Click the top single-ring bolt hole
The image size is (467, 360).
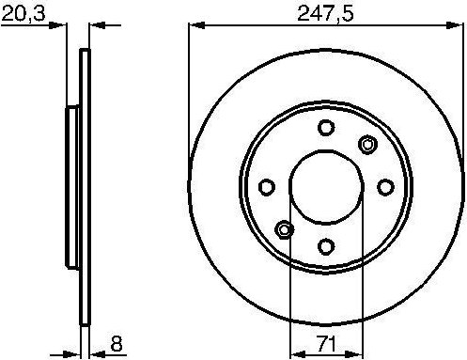coord(325,128)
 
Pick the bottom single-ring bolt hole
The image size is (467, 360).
coord(325,246)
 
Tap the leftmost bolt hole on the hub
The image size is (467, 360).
coord(266,186)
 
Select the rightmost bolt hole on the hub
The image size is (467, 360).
coord(384,186)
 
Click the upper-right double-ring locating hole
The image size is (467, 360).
coord(367,144)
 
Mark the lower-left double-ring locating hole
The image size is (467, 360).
coord(283,229)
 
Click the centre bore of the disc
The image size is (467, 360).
coord(325,186)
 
